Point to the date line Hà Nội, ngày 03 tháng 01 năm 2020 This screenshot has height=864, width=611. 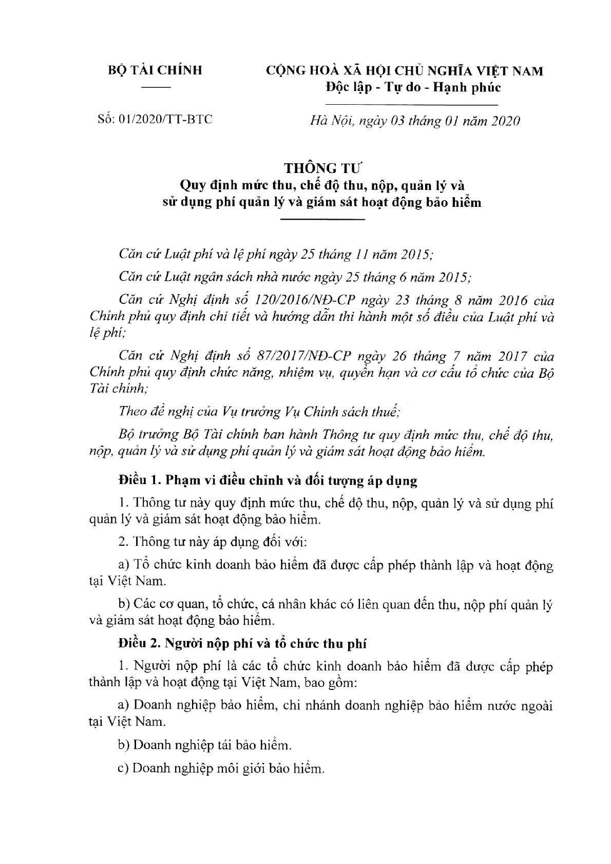(415, 121)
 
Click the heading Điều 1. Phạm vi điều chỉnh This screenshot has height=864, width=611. (268, 481)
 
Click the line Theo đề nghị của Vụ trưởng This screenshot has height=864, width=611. (259, 412)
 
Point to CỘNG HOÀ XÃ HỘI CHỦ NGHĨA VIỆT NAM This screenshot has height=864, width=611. (404, 70)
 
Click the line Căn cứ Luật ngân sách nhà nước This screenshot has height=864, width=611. (294, 277)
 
